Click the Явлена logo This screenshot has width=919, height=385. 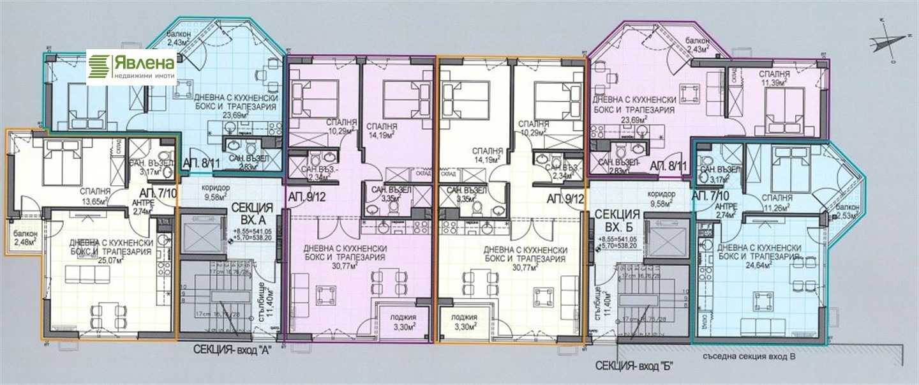pos(131,66)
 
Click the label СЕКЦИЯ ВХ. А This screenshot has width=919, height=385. pos(252,213)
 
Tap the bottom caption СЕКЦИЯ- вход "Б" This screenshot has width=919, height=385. pos(635,366)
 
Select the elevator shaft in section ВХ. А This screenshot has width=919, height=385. pos(200,236)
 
